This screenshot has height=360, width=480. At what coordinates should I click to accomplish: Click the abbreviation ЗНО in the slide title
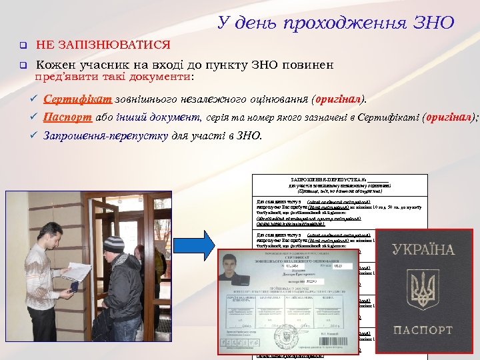tap(433, 23)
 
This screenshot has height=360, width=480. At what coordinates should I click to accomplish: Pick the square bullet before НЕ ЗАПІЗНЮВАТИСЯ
tap(21, 46)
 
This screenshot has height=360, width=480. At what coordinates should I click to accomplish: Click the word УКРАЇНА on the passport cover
tap(423, 251)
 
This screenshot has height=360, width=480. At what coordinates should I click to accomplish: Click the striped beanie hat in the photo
tap(114, 243)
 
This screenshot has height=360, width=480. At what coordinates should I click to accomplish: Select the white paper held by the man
tap(77, 270)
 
